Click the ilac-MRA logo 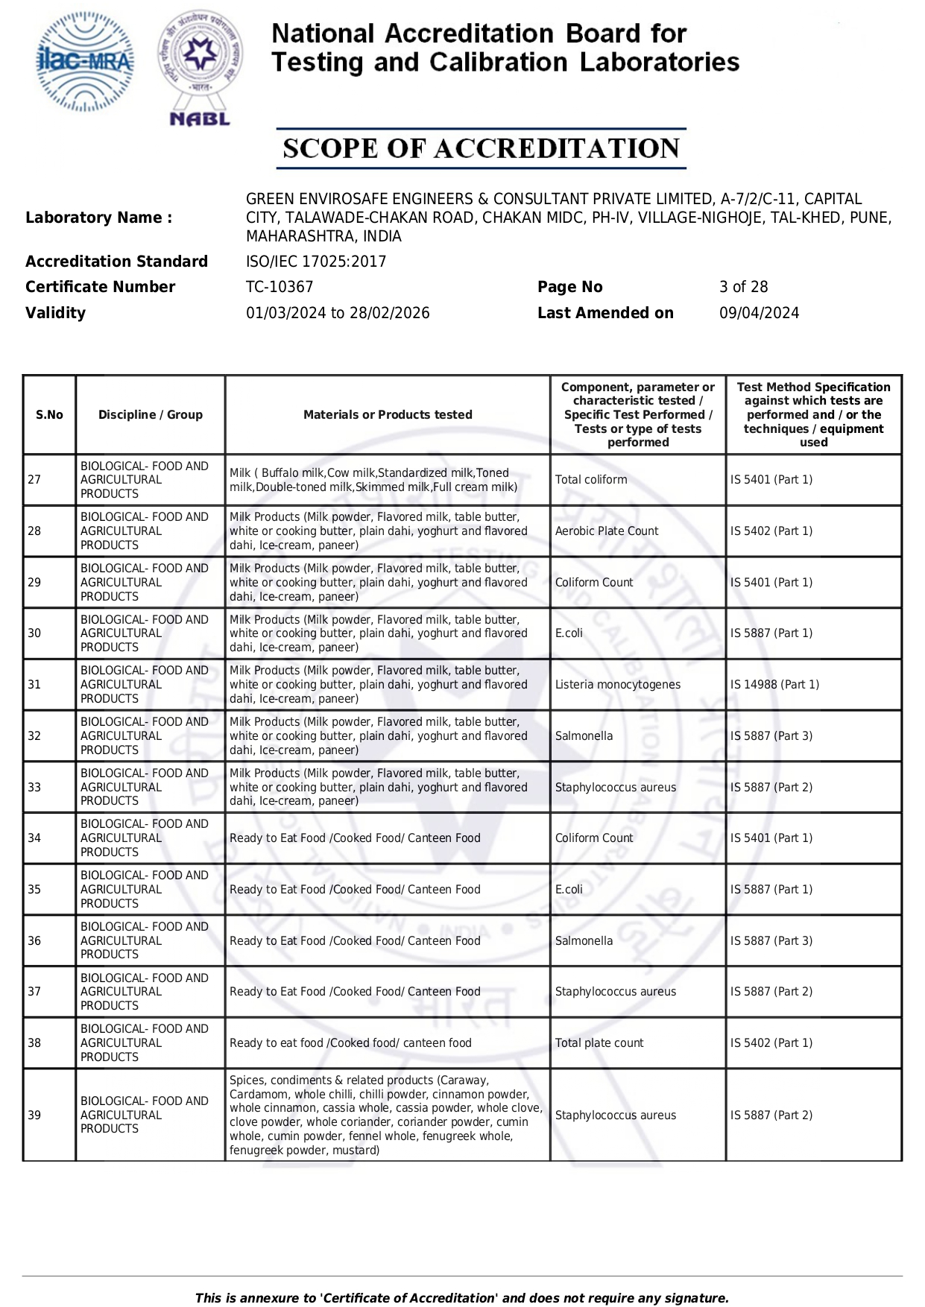tap(86, 62)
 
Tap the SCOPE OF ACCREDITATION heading tap(481, 148)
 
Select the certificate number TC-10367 tap(280, 287)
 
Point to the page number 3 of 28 tap(743, 287)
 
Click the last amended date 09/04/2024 tap(759, 313)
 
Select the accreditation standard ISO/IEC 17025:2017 tap(316, 262)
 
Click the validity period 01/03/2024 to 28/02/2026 tap(338, 313)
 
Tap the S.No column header tap(49, 415)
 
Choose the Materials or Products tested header tap(388, 415)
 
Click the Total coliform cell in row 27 tap(591, 480)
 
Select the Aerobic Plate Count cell tap(607, 531)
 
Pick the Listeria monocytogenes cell tap(617, 685)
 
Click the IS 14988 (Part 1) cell tap(774, 685)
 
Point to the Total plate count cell tap(599, 1043)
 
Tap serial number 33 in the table tap(34, 788)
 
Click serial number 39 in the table tap(34, 1115)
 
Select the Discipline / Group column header tap(151, 415)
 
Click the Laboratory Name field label tap(98, 218)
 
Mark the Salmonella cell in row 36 tap(584, 941)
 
